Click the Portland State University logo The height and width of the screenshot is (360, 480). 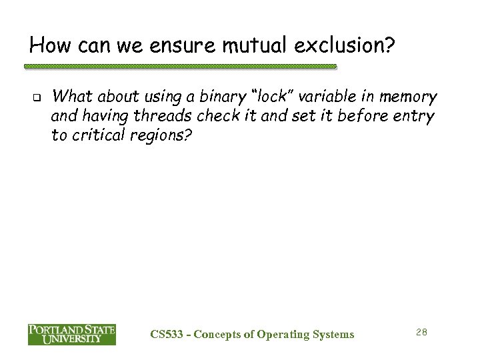[x=71, y=334]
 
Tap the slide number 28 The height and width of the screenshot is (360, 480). [x=421, y=332]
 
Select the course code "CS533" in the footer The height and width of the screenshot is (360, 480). [x=167, y=334]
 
